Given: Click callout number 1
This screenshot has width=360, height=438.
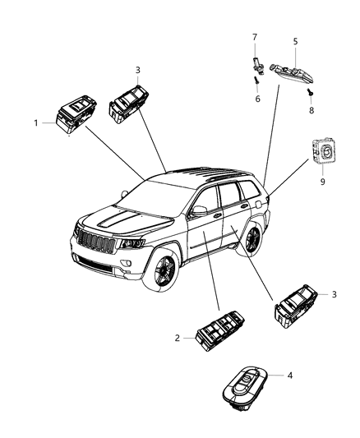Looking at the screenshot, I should (36, 122).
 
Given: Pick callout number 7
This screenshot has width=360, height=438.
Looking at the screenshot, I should (255, 37).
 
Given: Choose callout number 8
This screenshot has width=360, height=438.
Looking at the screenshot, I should (312, 108).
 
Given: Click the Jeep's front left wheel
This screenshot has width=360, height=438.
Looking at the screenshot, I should (162, 274).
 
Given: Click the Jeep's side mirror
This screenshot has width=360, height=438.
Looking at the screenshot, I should (197, 212).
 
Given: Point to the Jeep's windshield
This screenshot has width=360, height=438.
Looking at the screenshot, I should (157, 200).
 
